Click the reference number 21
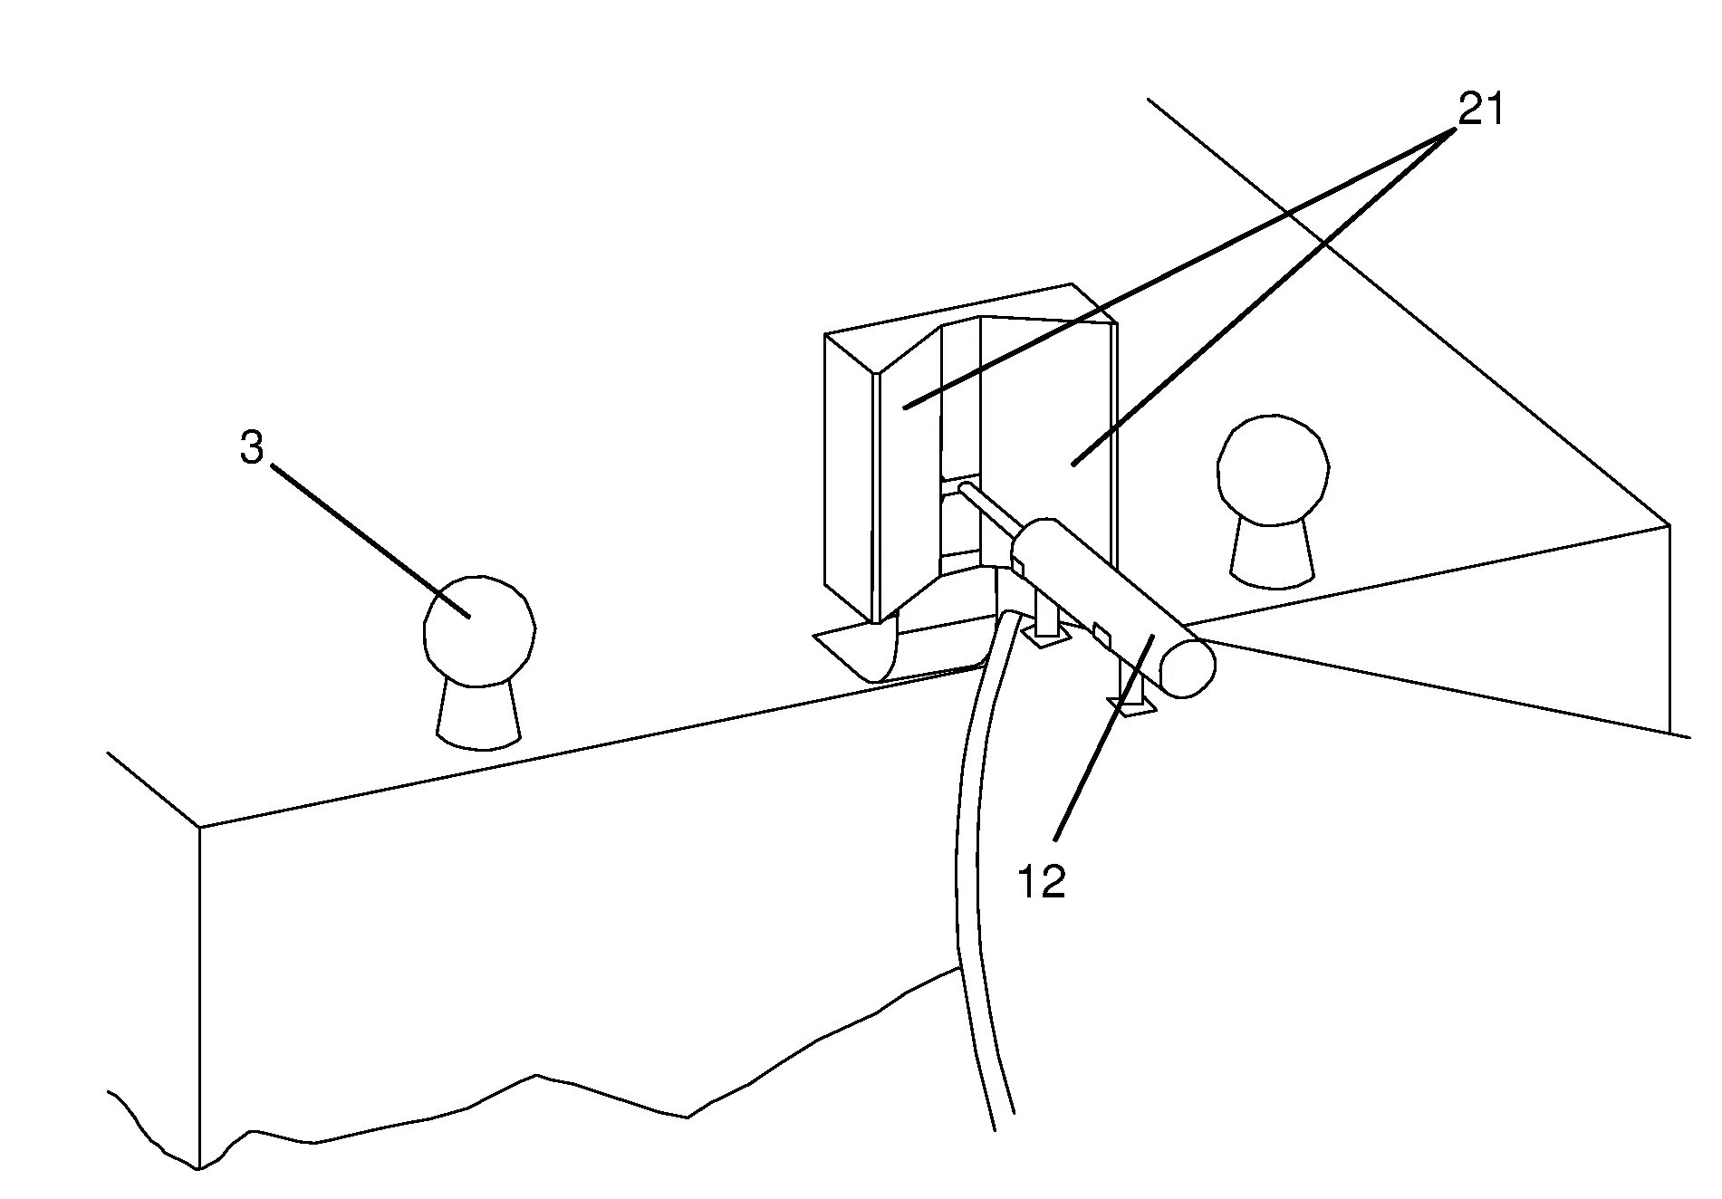click(1479, 110)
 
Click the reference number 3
click(252, 447)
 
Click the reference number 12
click(1042, 881)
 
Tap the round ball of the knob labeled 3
click(479, 628)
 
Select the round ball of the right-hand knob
click(1274, 470)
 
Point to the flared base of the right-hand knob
click(1272, 552)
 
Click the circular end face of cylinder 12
click(1185, 667)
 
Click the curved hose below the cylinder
click(979, 869)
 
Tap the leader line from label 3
click(370, 541)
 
